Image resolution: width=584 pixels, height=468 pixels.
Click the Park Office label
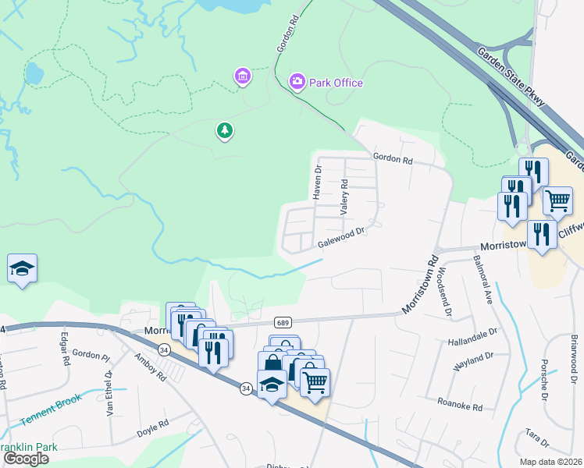(336, 82)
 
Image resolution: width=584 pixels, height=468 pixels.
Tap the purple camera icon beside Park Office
(297, 81)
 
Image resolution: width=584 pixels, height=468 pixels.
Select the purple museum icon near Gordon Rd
(243, 76)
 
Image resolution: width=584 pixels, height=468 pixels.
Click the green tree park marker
(225, 130)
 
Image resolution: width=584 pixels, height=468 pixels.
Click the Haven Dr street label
(318, 183)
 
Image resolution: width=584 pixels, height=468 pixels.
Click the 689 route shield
(283, 322)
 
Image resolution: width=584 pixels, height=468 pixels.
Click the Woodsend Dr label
(444, 291)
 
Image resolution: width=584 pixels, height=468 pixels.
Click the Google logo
(26, 459)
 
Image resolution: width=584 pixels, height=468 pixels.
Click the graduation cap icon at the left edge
(22, 269)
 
